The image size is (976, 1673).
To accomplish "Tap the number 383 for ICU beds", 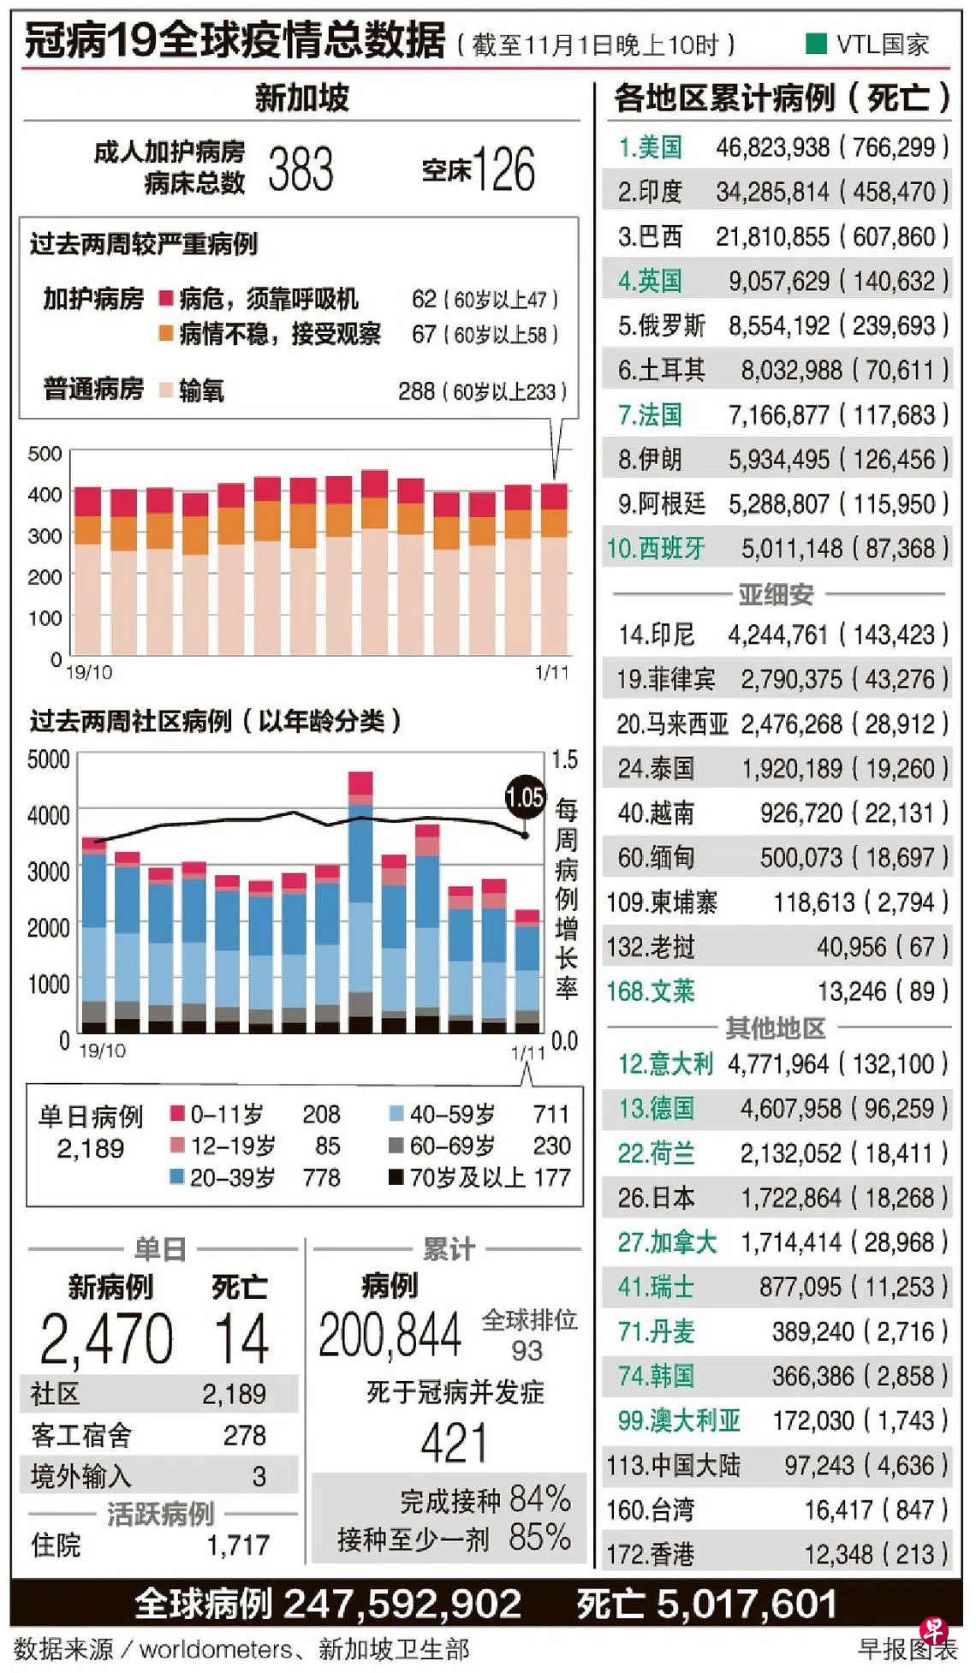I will pyautogui.click(x=301, y=169).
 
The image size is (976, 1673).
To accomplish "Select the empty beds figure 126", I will pyautogui.click(x=503, y=169).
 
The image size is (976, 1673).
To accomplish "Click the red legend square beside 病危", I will pyautogui.click(x=167, y=299).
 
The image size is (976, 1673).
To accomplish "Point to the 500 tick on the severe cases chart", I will pyautogui.click(x=45, y=454).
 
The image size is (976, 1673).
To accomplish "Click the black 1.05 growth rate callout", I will pyautogui.click(x=525, y=797).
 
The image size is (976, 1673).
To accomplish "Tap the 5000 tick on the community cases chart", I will pyautogui.click(x=49, y=759).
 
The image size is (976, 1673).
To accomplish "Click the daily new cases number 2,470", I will pyautogui.click(x=107, y=1339).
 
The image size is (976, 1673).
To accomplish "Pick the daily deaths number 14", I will pyautogui.click(x=241, y=1339).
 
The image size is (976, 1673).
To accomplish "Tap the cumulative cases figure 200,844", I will pyautogui.click(x=390, y=1335).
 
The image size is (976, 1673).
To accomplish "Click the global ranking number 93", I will pyautogui.click(x=527, y=1350).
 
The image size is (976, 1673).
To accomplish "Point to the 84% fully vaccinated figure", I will pyautogui.click(x=539, y=1499).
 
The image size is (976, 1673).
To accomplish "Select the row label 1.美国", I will pyautogui.click(x=650, y=147).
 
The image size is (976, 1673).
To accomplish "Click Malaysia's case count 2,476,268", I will pyautogui.click(x=792, y=724).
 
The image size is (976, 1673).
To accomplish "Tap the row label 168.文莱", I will pyautogui.click(x=650, y=991).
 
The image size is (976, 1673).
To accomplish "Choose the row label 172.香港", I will pyautogui.click(x=650, y=1554).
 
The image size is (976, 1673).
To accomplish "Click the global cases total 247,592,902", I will pyautogui.click(x=402, y=1605).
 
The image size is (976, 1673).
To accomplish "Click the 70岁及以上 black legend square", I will pyautogui.click(x=396, y=1177).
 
